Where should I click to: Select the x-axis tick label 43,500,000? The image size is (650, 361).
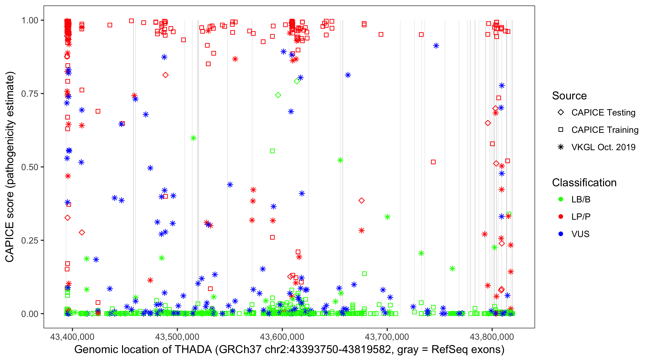point(177,337)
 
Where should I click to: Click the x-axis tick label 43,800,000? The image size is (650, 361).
point(492,337)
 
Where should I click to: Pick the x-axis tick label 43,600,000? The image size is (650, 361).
point(282,337)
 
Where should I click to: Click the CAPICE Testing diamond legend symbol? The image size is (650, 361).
point(561,113)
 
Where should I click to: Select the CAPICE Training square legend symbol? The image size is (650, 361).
point(561,130)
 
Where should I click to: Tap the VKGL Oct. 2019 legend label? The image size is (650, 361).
point(603,147)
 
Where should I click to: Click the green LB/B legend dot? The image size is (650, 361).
point(561,199)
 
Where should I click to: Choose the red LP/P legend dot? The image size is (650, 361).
point(561,217)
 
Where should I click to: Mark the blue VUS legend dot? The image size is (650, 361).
point(561,234)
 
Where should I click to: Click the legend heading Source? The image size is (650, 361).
point(569,96)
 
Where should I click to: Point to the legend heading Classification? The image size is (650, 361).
point(584,183)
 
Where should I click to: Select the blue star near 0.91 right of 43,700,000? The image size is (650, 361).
point(436,46)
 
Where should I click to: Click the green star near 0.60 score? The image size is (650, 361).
point(193,138)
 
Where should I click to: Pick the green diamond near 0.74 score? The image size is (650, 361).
point(278,95)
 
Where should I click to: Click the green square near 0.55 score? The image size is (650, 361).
point(272,151)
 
